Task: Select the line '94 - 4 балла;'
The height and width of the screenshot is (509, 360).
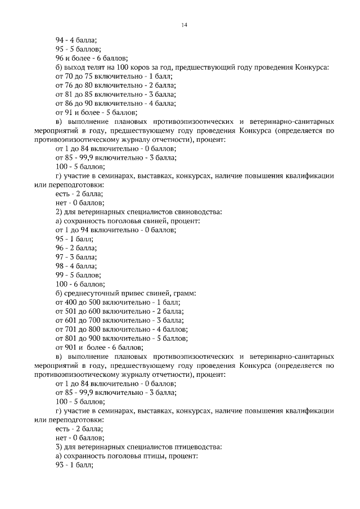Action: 76,40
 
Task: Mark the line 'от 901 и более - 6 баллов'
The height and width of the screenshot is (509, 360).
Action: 98,348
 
